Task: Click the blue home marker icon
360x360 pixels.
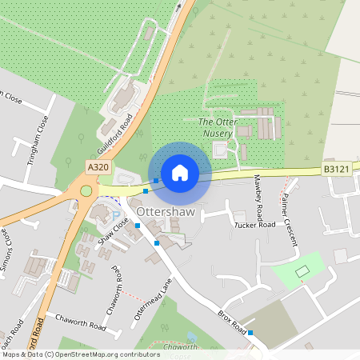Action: [x=180, y=172]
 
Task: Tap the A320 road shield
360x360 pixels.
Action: [x=98, y=166]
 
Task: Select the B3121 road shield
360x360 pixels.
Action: [x=336, y=170]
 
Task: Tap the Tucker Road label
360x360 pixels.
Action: [x=254, y=225]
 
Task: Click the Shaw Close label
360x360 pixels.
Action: [x=113, y=230]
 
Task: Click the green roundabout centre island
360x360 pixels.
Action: [x=86, y=191]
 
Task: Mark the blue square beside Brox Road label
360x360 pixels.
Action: [x=250, y=332]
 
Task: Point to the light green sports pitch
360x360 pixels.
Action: [x=302, y=271]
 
